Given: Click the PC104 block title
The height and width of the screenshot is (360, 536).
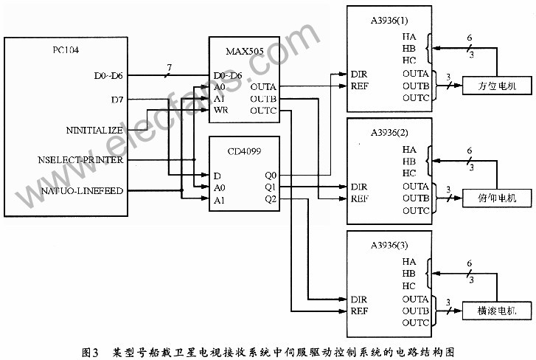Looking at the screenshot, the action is (x=66, y=50).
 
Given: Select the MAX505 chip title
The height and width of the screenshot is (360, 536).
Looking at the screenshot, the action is (x=245, y=52).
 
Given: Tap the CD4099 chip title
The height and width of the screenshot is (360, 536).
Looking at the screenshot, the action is (x=245, y=151).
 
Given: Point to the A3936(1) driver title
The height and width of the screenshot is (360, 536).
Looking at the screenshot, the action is (x=389, y=21).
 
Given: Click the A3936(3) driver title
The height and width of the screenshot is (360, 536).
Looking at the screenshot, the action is (x=389, y=245).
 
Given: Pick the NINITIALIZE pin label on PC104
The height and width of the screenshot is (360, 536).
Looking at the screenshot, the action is (x=94, y=131).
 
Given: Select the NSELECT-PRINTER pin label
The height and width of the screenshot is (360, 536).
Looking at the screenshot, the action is (x=80, y=160).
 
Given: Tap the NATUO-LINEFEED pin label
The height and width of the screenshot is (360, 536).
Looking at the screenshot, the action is (x=82, y=191).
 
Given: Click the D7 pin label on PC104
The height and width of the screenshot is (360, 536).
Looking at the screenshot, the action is (x=117, y=100).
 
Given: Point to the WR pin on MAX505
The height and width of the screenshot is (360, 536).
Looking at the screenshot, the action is (x=221, y=110).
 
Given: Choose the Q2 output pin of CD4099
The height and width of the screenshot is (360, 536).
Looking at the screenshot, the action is (x=271, y=199).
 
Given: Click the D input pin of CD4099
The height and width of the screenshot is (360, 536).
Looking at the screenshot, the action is (x=217, y=176).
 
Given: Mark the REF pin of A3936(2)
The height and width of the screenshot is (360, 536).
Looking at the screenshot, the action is (x=359, y=198).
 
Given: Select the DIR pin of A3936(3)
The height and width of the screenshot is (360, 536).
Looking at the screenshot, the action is (x=359, y=300).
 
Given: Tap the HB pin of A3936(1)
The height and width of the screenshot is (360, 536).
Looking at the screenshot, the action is (x=409, y=49).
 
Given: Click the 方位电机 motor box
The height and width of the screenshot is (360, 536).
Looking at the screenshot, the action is (x=497, y=86).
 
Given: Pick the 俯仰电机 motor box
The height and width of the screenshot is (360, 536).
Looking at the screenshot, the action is (x=497, y=198).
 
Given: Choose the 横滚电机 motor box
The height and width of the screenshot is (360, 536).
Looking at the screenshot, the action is (x=497, y=311).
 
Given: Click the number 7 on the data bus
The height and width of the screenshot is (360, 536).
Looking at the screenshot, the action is (x=170, y=68).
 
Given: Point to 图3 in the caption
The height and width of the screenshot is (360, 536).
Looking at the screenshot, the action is (x=90, y=352).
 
